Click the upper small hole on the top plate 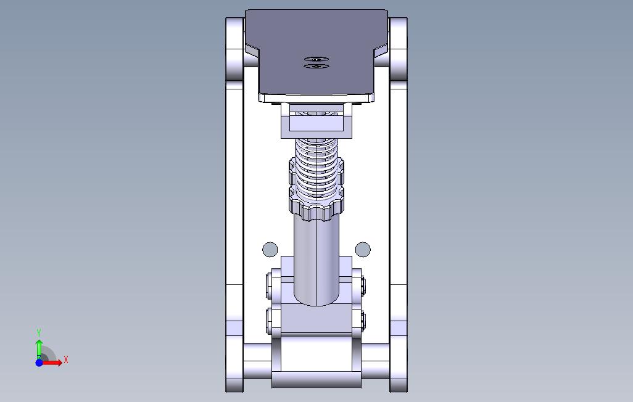pyautogui.click(x=316, y=59)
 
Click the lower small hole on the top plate pyautogui.click(x=316, y=65)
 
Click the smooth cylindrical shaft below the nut pyautogui.click(x=316, y=259)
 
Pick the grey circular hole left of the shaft pyautogui.click(x=270, y=249)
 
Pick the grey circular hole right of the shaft pyautogui.click(x=363, y=249)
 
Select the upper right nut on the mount pyautogui.click(x=362, y=285)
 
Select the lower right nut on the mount pyautogui.click(x=362, y=319)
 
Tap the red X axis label pyautogui.click(x=65, y=359)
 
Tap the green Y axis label pyautogui.click(x=39, y=333)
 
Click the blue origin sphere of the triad pyautogui.click(x=39, y=363)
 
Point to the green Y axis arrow pyautogui.click(x=39, y=347)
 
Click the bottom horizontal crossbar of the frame pyautogui.click(x=316, y=379)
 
